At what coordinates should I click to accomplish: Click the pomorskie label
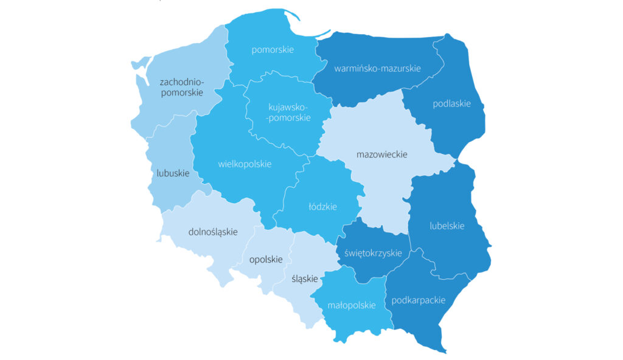click(273, 50)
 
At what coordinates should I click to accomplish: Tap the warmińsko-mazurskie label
click(377, 68)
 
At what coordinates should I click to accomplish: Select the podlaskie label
click(451, 103)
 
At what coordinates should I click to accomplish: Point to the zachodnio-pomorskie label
click(181, 87)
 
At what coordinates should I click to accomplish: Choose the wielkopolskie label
click(245, 164)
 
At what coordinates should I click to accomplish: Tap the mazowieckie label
click(381, 154)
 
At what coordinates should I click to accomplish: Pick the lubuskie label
click(173, 173)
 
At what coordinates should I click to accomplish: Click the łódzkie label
click(323, 207)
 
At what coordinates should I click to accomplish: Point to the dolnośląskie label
click(213, 232)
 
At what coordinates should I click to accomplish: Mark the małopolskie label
click(351, 305)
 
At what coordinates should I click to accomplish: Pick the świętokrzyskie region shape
click(365, 268)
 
